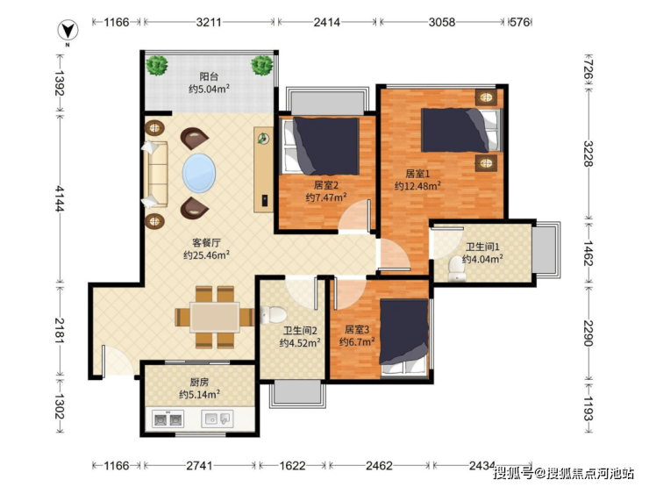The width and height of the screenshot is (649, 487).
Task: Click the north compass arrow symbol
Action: [x=68, y=31]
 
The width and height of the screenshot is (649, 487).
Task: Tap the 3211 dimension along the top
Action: [x=209, y=22]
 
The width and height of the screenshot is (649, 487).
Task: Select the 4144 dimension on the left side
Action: [x=61, y=198]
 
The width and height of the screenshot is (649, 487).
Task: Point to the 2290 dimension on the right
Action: [x=588, y=333]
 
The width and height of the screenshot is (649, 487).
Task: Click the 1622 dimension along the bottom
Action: [x=292, y=466]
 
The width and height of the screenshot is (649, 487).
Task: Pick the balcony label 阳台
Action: [x=209, y=76]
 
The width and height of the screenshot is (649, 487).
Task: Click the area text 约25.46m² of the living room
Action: [x=206, y=255]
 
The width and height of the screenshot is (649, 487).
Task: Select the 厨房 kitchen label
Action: [x=199, y=383]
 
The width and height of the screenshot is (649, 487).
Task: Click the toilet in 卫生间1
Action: [x=457, y=269]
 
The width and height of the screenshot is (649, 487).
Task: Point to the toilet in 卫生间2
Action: [x=273, y=314]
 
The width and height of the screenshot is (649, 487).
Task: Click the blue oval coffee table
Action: [x=199, y=173]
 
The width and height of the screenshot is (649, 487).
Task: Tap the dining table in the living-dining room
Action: [x=215, y=318]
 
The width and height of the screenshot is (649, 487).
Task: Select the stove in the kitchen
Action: [x=168, y=419]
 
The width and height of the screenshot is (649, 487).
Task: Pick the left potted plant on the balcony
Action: [x=156, y=66]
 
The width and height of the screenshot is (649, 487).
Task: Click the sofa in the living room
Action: [x=155, y=174]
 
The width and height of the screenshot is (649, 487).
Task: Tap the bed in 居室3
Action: [x=404, y=338]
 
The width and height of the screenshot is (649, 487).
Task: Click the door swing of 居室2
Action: [x=354, y=216]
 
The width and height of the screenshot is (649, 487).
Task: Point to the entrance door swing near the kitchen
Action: [x=117, y=362]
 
